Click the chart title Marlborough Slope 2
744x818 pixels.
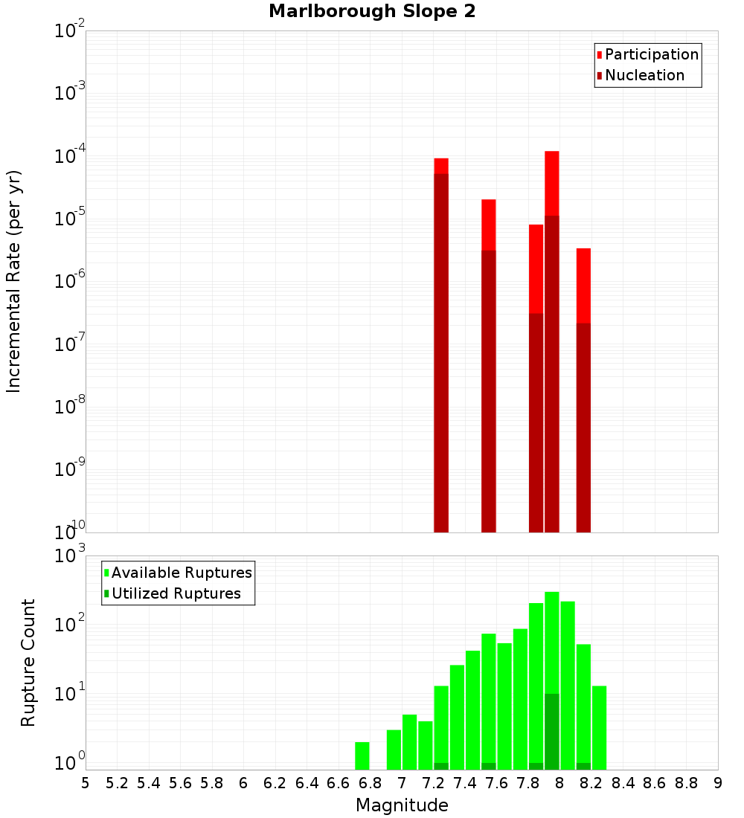pyautogui.click(x=372, y=12)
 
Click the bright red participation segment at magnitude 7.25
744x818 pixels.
pyautogui.click(x=441, y=166)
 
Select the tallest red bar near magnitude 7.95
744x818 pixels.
pyautogui.click(x=551, y=183)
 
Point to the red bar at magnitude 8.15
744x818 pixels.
pyautogui.click(x=583, y=286)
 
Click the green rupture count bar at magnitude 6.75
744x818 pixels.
pyautogui.click(x=362, y=756)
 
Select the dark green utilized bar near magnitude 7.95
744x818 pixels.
pyautogui.click(x=551, y=732)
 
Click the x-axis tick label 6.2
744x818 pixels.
pyautogui.click(x=275, y=782)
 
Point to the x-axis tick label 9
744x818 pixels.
pyautogui.click(x=718, y=782)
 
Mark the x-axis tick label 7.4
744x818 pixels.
pyautogui.click(x=465, y=782)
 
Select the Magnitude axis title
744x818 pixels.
pyautogui.click(x=402, y=805)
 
